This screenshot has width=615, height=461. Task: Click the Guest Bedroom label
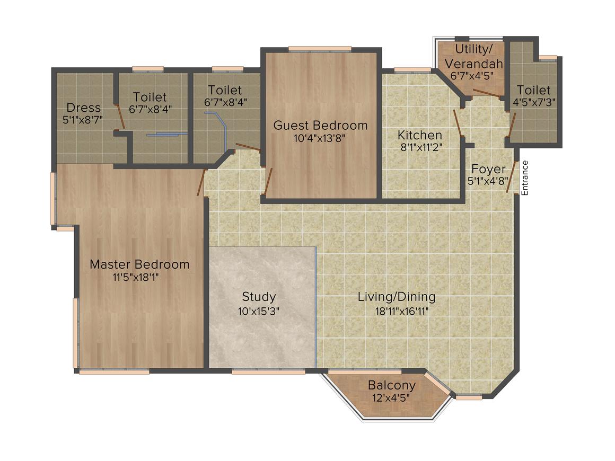coord(320,126)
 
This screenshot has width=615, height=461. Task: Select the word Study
coord(259,296)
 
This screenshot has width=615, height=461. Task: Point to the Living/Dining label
coord(397,296)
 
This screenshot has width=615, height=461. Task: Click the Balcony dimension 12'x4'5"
coord(392,397)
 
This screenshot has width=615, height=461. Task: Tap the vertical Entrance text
coord(525,178)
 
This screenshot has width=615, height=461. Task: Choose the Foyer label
coord(488,170)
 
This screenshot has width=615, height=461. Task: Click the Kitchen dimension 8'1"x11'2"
coord(421,147)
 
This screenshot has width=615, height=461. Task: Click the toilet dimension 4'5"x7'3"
coord(534,102)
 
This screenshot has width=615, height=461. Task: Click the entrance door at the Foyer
coord(512,178)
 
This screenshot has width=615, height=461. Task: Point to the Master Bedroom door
coord(201,183)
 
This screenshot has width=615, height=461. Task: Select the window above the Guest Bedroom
coord(320,49)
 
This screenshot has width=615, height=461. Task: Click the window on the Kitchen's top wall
coord(412,69)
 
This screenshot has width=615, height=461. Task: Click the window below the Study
coord(268,371)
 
